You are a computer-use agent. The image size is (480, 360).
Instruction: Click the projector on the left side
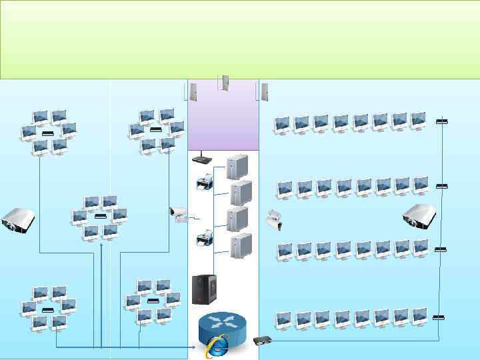pos(18,220)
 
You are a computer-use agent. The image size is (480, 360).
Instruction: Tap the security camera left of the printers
pos(179,214)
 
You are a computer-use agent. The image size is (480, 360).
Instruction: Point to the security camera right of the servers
pos(273,219)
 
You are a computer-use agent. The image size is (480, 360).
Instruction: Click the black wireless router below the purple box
pos(201,159)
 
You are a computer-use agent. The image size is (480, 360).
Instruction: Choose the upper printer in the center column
pos(205,181)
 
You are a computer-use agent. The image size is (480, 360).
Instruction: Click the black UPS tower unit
pos(205,289)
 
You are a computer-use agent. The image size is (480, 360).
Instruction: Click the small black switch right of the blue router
pos(262,340)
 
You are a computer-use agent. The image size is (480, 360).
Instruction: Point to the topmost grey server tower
pos(237,167)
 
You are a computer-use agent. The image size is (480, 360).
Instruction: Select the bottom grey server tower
pos(241,246)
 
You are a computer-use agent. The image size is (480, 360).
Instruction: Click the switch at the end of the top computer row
pos(441,121)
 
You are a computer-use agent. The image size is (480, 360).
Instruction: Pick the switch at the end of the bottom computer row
pos(439,317)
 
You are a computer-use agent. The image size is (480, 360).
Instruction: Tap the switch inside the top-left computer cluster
pos(47,133)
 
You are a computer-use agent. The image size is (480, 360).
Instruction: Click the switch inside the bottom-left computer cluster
pos(47,311)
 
